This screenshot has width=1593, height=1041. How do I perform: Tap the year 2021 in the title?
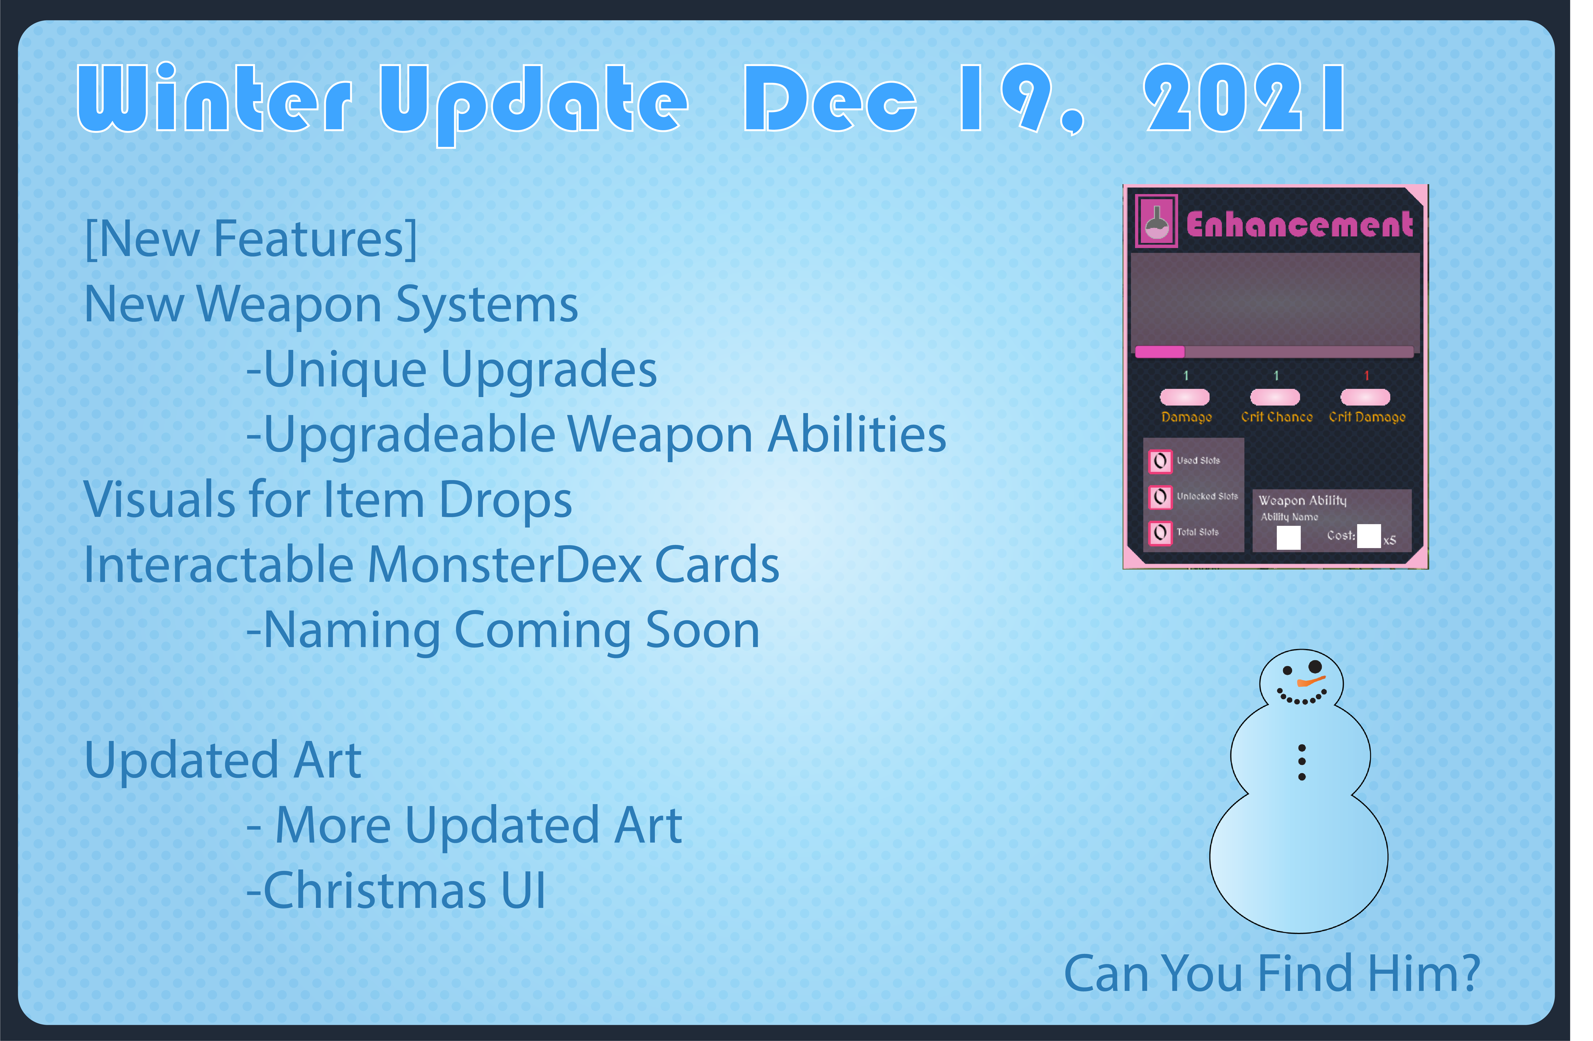(x=1244, y=98)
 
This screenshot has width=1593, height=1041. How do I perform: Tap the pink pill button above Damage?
(x=1185, y=397)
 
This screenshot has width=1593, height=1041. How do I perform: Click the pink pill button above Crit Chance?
(x=1275, y=397)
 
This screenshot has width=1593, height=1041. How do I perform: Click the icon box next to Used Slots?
(x=1161, y=460)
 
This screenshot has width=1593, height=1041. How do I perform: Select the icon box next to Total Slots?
(x=1161, y=533)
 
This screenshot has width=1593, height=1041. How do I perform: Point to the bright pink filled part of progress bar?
(x=1160, y=351)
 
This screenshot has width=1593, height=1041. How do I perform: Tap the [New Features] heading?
(x=251, y=239)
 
